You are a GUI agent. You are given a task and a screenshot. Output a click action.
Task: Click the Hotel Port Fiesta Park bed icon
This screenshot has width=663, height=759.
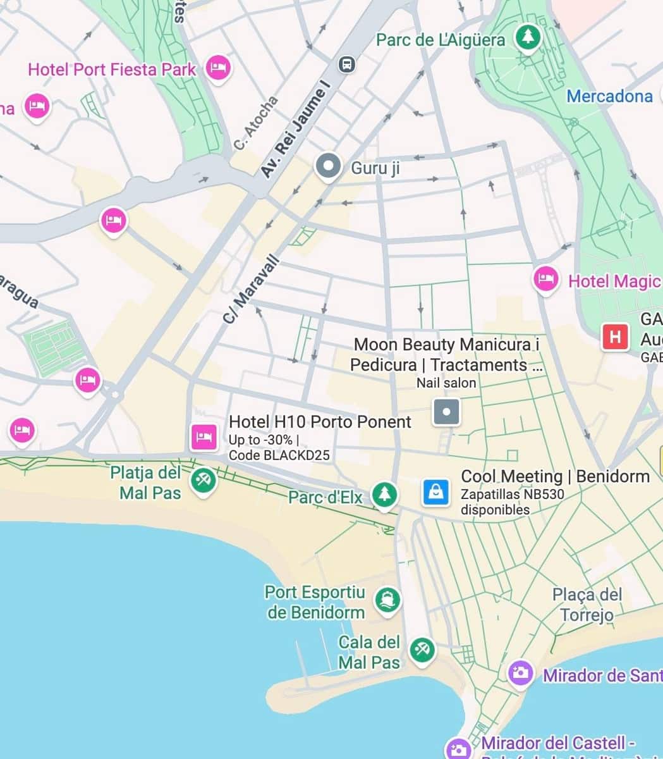pos(218,66)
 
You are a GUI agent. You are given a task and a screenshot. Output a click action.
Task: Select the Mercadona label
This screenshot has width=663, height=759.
pos(609,96)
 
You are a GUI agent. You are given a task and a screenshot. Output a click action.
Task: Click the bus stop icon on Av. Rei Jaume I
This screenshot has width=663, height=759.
pos(346,64)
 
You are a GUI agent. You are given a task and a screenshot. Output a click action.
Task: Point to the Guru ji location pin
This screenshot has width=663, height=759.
pos(327,166)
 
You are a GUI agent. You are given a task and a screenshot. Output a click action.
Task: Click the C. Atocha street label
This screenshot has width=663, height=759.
pos(255,123)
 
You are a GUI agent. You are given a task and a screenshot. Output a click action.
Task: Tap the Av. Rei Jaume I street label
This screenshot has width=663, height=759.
pos(295,133)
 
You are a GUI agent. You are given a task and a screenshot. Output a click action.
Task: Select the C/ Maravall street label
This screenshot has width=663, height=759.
pos(250,289)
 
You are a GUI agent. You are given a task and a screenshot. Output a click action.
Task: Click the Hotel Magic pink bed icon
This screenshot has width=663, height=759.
pos(545,279)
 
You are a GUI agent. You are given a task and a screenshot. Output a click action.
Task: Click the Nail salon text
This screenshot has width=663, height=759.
pos(446,383)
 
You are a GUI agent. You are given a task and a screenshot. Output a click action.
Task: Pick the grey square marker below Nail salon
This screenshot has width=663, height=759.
pos(446,412)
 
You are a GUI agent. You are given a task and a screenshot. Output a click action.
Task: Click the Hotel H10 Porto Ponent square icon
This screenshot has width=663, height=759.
pos(204,437)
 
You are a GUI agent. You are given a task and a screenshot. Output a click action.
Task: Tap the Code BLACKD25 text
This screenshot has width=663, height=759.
pos(279,455)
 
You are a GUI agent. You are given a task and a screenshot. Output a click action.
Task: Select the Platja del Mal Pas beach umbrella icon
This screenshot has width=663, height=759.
pos(203,479)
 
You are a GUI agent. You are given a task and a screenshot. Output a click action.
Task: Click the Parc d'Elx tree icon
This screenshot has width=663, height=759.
pos(384,493)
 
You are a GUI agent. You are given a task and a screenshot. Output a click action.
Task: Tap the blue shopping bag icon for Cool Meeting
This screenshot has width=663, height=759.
pos(436,491)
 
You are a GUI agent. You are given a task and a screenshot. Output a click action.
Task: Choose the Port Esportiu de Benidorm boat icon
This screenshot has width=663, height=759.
pos(387,599)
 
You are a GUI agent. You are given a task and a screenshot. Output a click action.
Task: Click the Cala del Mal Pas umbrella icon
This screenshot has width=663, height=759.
pos(422,649)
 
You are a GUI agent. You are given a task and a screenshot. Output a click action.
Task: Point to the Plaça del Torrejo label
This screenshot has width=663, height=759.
pos(587,605)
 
